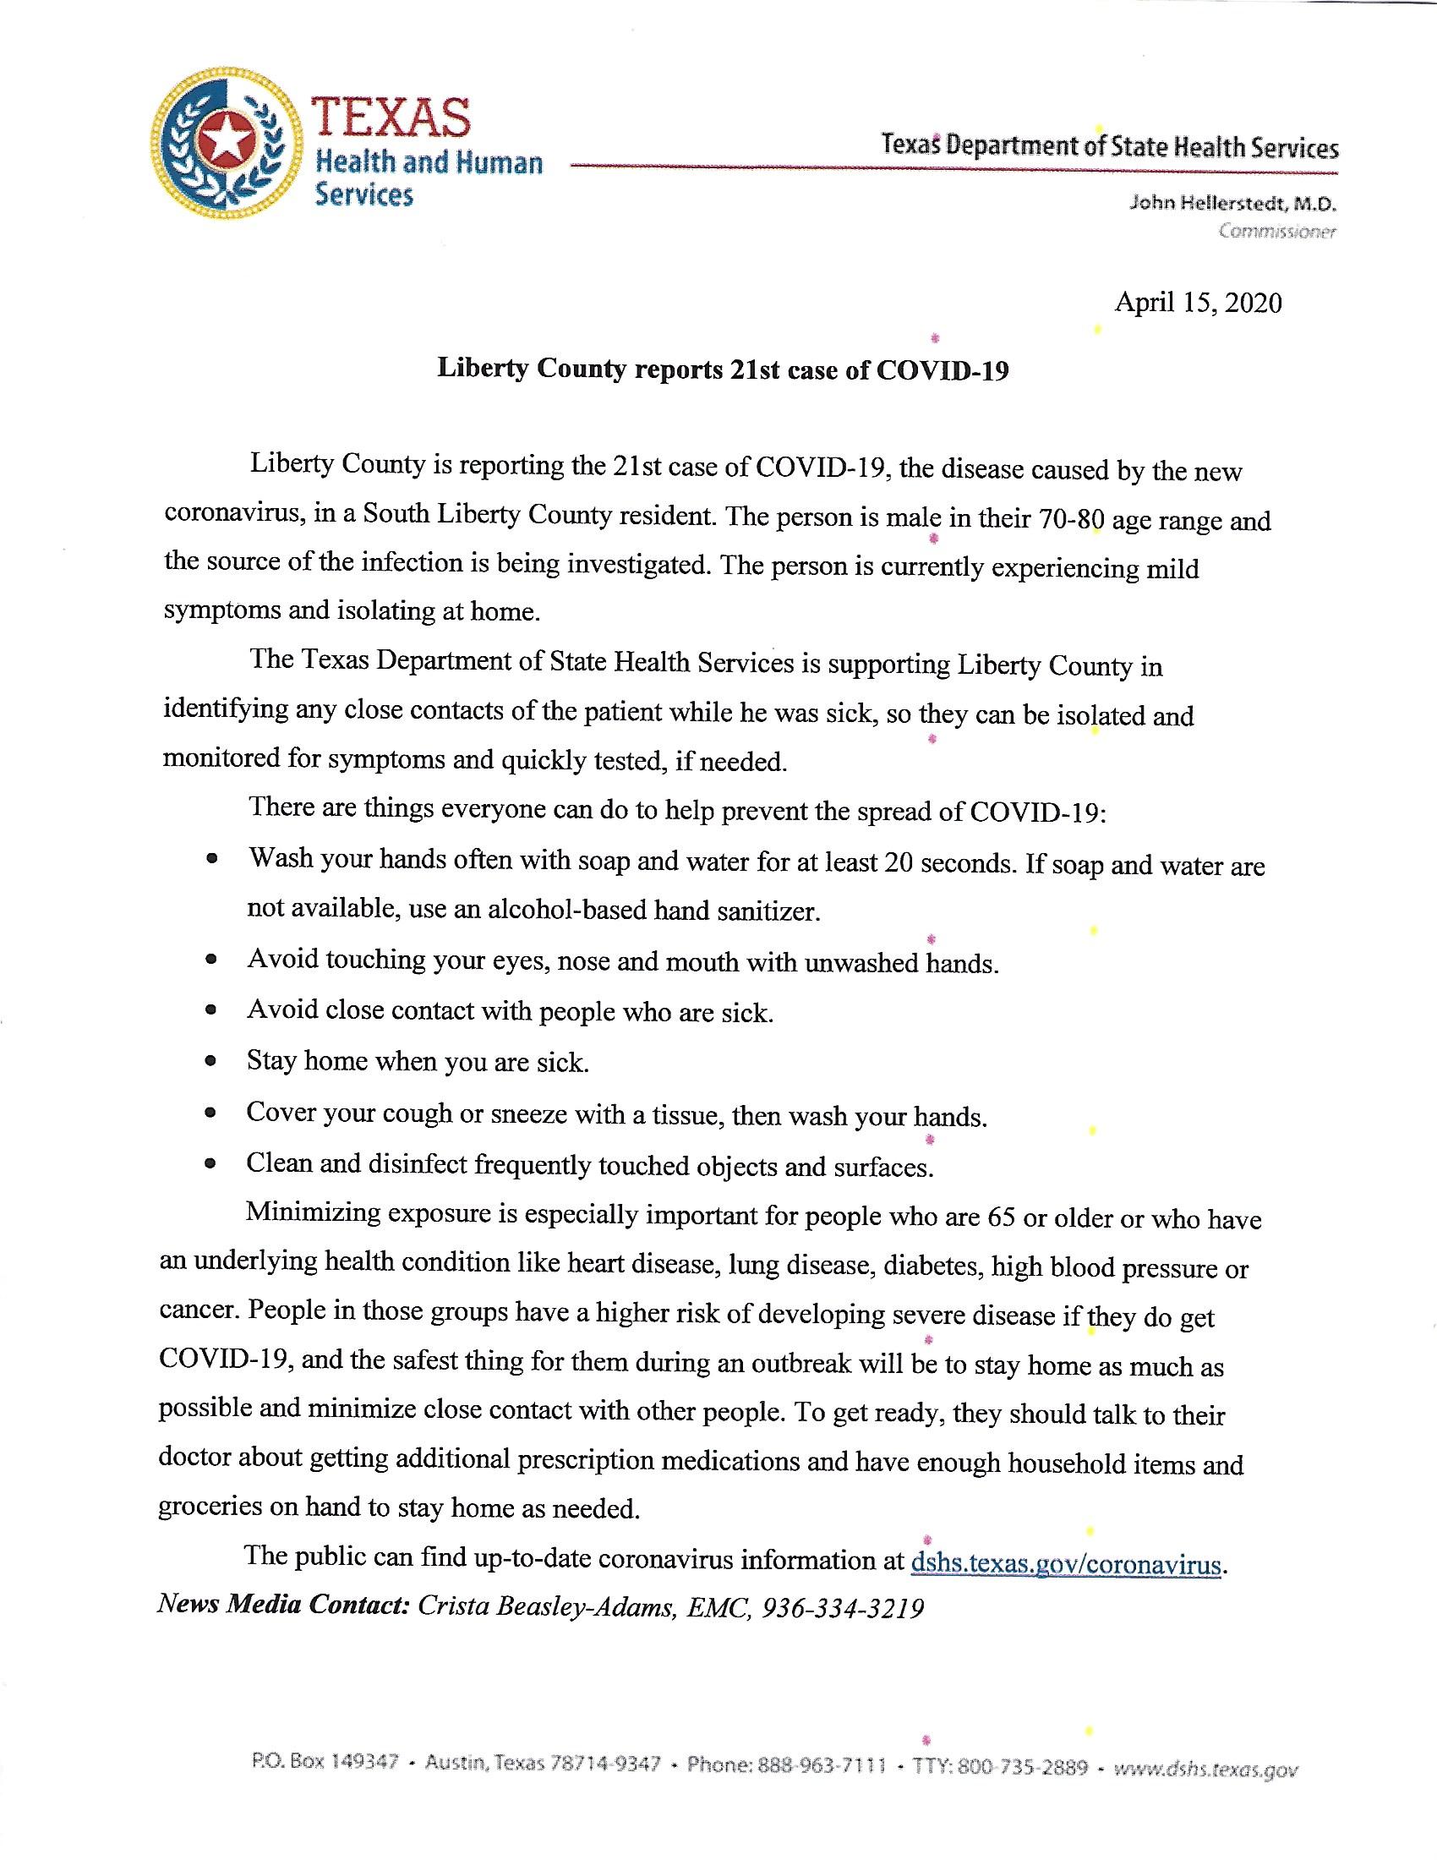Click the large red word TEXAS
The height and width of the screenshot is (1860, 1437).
pyautogui.click(x=392, y=118)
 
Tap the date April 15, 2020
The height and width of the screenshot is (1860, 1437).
pyautogui.click(x=1198, y=303)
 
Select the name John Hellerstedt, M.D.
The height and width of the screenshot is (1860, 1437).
pyautogui.click(x=1232, y=204)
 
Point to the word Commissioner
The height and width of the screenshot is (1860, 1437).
pyautogui.click(x=1277, y=231)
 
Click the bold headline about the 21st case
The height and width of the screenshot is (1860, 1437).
pyautogui.click(x=723, y=369)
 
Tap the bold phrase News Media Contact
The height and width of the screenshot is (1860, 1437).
pyautogui.click(x=284, y=1605)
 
